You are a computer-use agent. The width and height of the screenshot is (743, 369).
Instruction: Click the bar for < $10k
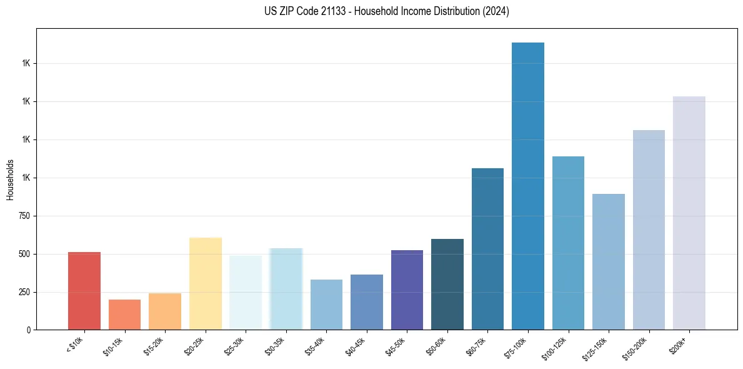[84, 291]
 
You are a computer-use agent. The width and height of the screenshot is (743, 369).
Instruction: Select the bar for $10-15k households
[124, 315]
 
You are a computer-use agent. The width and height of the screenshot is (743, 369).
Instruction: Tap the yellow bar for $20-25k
[206, 283]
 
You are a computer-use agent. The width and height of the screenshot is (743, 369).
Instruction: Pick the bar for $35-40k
[326, 305]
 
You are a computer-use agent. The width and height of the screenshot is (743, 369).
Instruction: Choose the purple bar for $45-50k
[407, 290]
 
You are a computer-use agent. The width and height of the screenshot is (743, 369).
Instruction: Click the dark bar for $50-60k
[447, 284]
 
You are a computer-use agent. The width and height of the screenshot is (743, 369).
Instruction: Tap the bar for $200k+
[689, 213]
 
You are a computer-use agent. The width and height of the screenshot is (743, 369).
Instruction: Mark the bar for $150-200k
[649, 230]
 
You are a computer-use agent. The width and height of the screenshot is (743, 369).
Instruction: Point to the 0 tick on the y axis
[27, 330]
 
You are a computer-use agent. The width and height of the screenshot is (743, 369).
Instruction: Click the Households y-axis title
[10, 179]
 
